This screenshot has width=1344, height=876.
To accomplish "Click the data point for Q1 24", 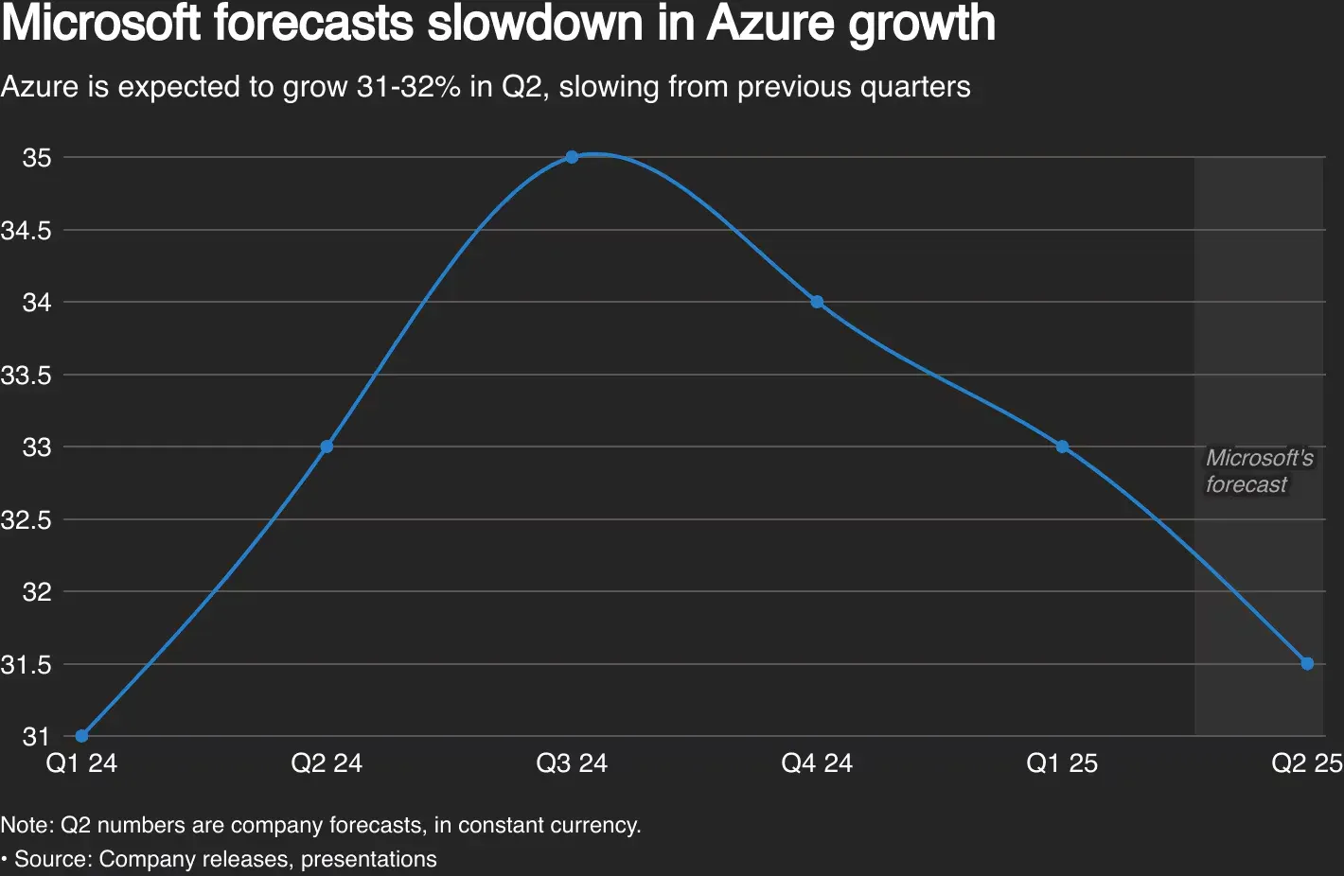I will [81, 736].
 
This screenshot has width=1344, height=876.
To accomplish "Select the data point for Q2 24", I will [327, 447].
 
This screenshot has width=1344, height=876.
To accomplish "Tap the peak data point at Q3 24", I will [572, 157].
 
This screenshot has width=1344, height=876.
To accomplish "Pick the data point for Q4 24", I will [817, 303].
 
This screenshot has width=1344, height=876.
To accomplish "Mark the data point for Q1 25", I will [1062, 447].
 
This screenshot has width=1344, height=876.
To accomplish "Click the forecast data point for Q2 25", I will [1307, 663].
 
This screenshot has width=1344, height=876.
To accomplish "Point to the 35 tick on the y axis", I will [37, 158].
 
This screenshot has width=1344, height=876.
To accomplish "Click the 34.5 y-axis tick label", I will [27, 231].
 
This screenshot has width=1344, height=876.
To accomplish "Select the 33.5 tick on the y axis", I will [27, 376].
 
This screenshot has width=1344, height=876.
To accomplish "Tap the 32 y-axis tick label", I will [37, 592].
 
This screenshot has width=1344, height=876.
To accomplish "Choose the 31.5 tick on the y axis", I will [27, 665].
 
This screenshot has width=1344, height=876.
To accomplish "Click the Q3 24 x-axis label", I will [572, 763].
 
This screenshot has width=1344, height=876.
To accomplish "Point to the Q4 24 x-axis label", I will [817, 763].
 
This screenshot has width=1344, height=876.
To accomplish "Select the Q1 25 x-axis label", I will [1062, 763].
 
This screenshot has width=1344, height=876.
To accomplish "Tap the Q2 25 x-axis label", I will [1306, 763].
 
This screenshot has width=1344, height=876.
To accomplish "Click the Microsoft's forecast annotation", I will [1259, 471].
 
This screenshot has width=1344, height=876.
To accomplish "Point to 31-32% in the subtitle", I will [408, 87].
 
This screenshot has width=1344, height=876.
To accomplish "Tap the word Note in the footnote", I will [26, 825].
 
